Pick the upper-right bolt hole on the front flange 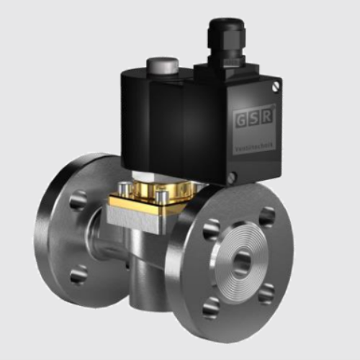coord(267,217)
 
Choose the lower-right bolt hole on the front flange coord(267,293)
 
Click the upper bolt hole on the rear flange coord(78,199)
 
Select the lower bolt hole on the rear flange coord(78,274)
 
